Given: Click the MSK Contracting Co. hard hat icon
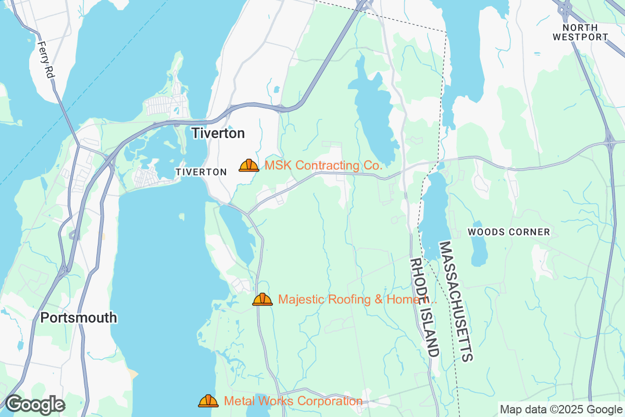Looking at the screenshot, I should (249, 165).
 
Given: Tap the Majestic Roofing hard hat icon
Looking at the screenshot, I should (262, 299).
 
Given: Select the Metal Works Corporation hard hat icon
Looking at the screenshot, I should (208, 401).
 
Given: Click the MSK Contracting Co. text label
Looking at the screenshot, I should (323, 166).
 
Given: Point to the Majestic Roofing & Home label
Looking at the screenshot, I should (357, 300).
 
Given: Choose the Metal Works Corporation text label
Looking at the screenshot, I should (293, 401).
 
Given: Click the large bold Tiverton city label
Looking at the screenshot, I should (218, 133).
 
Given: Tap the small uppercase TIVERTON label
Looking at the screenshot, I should (201, 172).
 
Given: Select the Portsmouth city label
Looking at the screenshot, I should (79, 317).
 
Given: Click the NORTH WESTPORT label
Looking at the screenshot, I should (580, 32).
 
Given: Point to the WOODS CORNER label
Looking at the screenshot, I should (508, 232).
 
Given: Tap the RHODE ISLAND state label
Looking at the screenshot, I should (423, 307).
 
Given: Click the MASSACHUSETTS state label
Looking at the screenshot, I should (456, 301).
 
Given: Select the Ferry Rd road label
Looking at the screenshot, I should (46, 60).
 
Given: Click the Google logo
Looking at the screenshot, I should (35, 404).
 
